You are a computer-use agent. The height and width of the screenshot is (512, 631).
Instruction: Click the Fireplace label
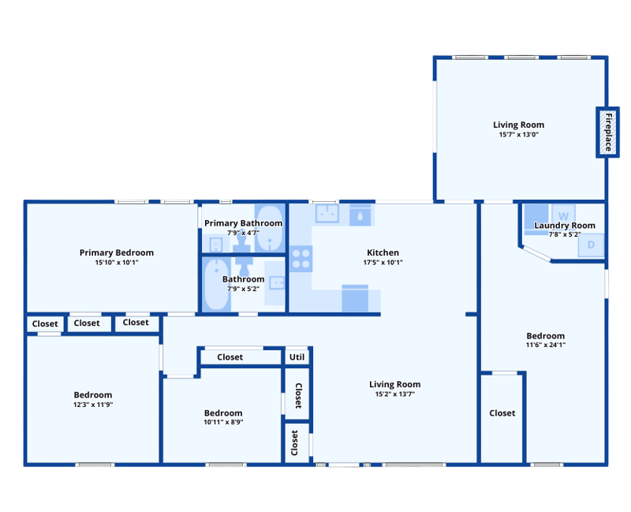[608, 133]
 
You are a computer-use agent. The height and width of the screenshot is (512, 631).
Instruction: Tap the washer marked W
[563, 214]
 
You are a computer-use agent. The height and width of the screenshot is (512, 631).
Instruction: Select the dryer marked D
[591, 245]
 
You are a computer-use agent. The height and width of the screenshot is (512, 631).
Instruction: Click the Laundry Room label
[565, 226]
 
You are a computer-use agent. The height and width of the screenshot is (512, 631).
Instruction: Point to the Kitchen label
[383, 252]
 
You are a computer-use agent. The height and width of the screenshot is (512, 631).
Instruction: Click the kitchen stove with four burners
[301, 259]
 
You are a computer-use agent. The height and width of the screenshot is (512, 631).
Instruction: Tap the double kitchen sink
[327, 213]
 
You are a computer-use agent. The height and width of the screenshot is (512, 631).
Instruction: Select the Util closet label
[297, 357]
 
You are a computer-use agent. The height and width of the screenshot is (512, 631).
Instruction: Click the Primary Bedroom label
[116, 252]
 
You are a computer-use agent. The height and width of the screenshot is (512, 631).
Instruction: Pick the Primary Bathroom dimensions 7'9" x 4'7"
[243, 233]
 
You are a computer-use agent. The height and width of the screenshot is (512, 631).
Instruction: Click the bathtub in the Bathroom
[216, 285]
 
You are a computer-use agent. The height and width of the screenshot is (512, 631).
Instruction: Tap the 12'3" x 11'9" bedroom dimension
[93, 405]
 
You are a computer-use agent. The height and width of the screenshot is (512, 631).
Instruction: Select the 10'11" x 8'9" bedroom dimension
[223, 422]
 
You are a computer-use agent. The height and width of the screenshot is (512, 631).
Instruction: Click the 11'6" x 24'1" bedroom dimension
[545, 345]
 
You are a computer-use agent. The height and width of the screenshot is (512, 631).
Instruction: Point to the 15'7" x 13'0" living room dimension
[519, 134]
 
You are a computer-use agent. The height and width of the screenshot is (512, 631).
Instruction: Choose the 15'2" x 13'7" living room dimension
[395, 394]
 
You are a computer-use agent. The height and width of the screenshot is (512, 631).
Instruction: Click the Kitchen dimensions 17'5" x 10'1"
[383, 263]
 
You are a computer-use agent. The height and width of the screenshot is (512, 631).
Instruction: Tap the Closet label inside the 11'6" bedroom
[502, 413]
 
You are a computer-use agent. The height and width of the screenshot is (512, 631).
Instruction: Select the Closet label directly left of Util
[230, 357]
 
